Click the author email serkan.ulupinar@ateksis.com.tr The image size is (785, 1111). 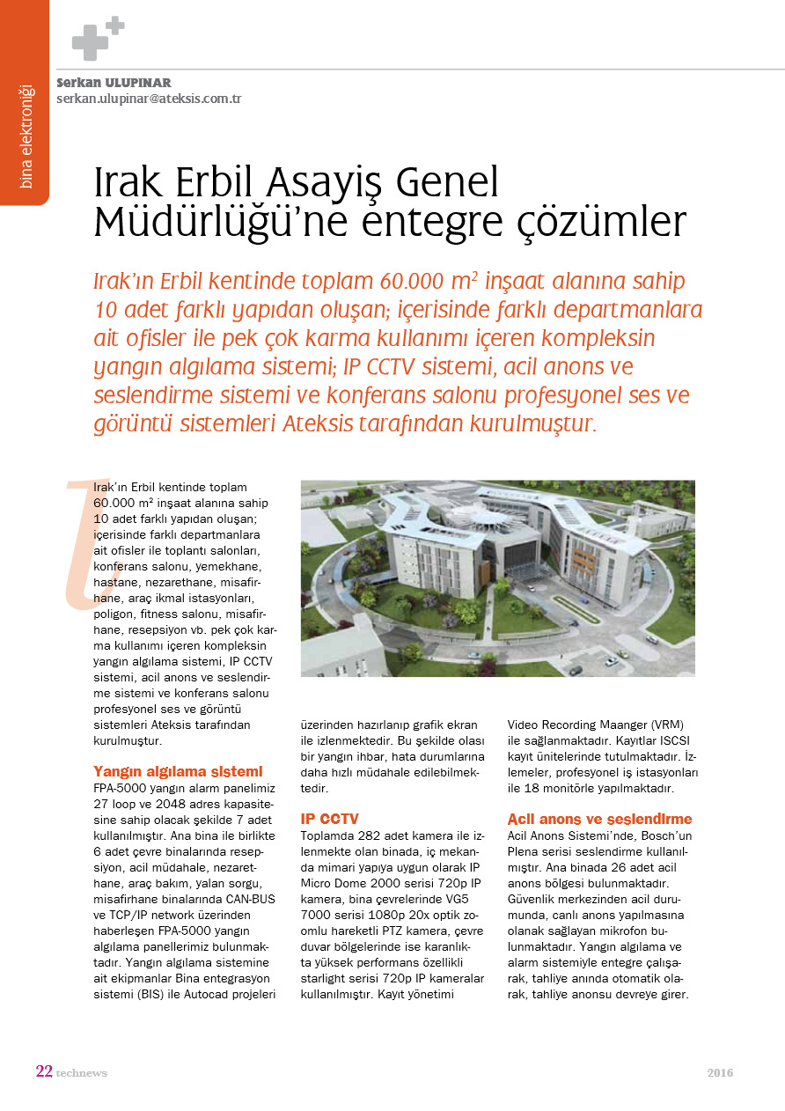pos(149,99)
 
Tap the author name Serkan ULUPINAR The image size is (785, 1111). pos(114,83)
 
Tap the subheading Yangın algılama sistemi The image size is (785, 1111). pos(178,771)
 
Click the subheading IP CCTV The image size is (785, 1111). pos(330,819)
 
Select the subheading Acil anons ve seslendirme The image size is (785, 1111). pos(599,819)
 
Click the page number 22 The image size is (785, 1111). pos(44,1071)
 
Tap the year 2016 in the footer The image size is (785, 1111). pos(719,1072)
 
